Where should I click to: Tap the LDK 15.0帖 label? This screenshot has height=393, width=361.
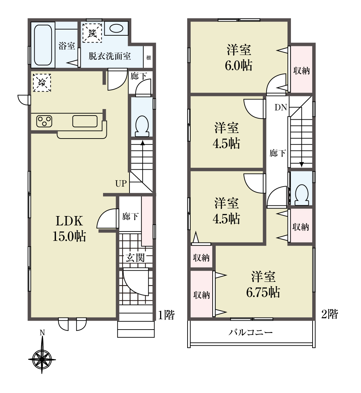pyautogui.click(x=69, y=228)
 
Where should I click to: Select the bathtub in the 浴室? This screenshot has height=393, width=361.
pyautogui.click(x=43, y=45)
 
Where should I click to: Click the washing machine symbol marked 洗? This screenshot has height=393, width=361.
pyautogui.click(x=92, y=33)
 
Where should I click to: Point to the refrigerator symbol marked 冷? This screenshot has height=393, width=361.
pyautogui.click(x=42, y=82)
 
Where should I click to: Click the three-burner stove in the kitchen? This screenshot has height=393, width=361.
pyautogui.click(x=44, y=121)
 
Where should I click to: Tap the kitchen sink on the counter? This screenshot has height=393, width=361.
pyautogui.click(x=85, y=121)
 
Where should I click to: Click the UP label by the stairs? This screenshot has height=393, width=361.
pyautogui.click(x=121, y=183)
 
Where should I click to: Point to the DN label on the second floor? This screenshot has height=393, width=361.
pyautogui.click(x=281, y=107)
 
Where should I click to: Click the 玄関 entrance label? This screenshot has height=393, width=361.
pyautogui.click(x=135, y=258)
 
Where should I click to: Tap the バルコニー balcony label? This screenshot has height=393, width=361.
pyautogui.click(x=250, y=332)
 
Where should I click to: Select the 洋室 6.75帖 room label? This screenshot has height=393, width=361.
pyautogui.click(x=263, y=285)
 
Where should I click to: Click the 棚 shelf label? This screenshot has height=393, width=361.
pyautogui.click(x=148, y=58)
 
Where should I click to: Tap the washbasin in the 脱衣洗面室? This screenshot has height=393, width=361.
pyautogui.click(x=116, y=28)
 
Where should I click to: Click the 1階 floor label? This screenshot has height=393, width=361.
pyautogui.click(x=166, y=315)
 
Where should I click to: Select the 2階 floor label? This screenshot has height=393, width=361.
pyautogui.click(x=330, y=314)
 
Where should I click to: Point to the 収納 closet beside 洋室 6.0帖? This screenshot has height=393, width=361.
pyautogui.click(x=301, y=69)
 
